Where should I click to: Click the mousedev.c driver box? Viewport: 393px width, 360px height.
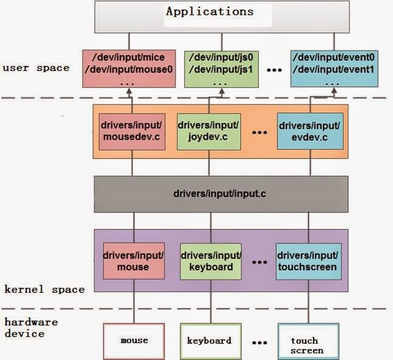coord(130,132)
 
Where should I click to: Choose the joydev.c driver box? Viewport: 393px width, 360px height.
coord(209,132)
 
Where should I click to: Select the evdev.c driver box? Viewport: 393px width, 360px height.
coord(309,132)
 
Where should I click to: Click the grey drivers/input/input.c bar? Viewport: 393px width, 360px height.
coord(221,195)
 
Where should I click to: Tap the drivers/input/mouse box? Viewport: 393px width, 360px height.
coord(132,261)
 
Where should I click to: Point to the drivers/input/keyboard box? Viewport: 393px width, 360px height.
coord(211,261)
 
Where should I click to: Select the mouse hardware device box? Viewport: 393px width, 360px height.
coord(134,340)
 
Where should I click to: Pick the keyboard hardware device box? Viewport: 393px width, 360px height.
coord(208,340)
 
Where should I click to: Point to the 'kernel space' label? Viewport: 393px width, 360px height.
coord(44,289)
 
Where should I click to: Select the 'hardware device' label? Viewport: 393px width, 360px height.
coord(31,327)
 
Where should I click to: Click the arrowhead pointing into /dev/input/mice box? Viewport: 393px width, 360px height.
coord(129,90)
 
